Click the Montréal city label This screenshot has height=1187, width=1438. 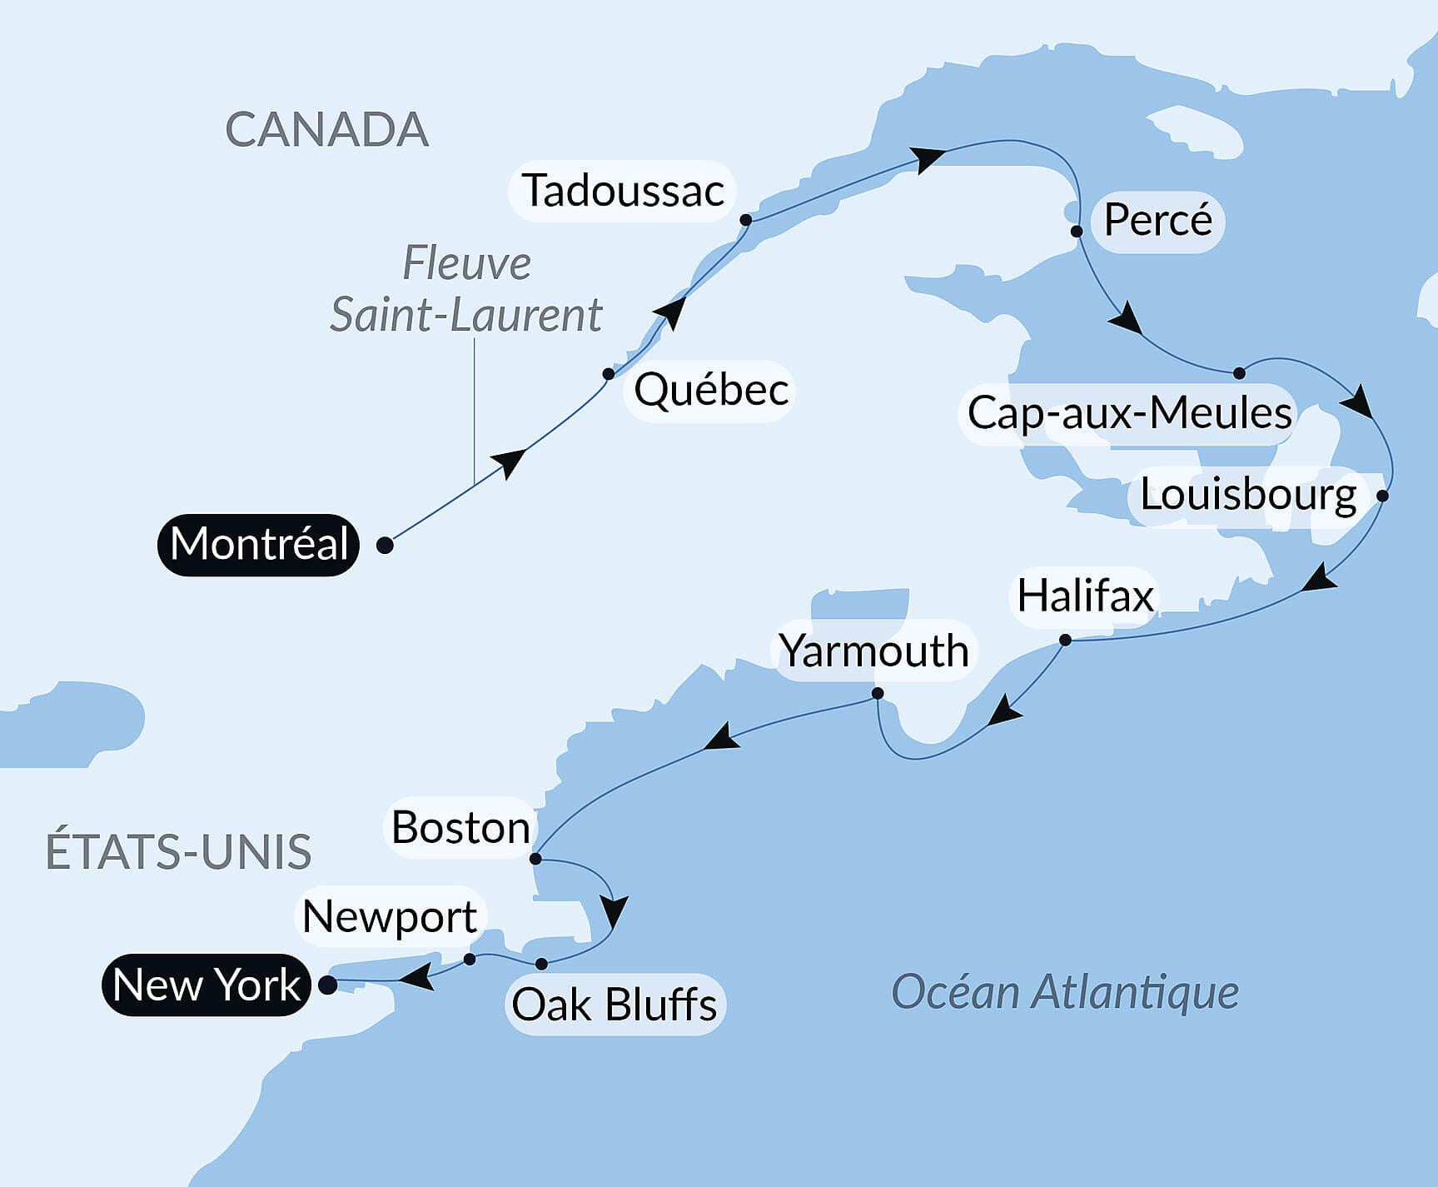click(x=258, y=545)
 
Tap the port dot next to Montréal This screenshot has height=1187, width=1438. click(x=385, y=546)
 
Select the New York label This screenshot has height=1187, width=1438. click(x=206, y=985)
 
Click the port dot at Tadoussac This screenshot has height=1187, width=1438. click(x=746, y=220)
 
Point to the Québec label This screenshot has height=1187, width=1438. click(x=711, y=390)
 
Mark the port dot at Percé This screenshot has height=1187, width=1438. click(x=1077, y=232)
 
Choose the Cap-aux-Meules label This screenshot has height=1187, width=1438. click(x=1129, y=413)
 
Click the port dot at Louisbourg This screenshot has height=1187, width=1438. click(x=1382, y=496)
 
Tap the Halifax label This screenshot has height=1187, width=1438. click(x=1085, y=596)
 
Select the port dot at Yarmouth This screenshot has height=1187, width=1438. click(x=877, y=693)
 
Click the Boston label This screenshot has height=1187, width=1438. click(x=460, y=828)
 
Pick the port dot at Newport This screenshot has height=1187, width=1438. click(x=470, y=960)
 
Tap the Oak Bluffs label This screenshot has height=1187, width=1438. click(x=615, y=1005)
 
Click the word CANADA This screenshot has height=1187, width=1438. click(x=327, y=130)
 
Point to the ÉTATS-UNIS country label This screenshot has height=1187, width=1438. click(x=179, y=851)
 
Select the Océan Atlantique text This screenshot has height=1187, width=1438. click(x=1065, y=992)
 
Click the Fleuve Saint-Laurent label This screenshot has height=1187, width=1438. click(x=466, y=289)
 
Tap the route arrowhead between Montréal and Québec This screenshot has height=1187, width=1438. click(x=510, y=462)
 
